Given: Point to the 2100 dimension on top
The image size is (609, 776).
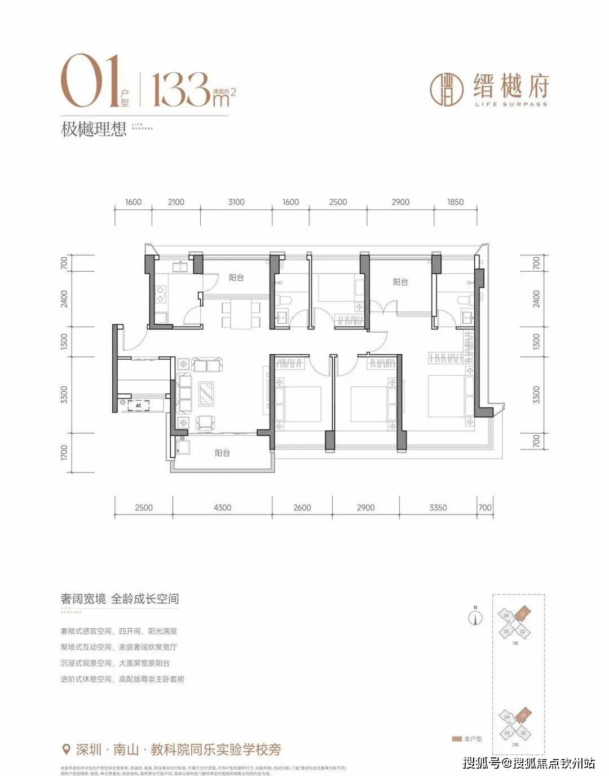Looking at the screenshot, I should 176,202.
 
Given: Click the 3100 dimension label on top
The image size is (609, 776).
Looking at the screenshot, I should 236,202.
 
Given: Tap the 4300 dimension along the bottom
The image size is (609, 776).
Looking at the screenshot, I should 222,508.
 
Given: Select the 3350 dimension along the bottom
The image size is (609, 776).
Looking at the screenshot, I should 438,508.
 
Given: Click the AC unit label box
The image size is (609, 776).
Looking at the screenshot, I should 137,404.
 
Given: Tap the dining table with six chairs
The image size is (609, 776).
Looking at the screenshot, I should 241,315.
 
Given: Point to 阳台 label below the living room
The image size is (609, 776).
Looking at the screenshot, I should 222,453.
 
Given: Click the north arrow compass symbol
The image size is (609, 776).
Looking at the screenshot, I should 476,616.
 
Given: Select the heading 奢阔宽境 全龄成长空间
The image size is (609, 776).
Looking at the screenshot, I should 120,599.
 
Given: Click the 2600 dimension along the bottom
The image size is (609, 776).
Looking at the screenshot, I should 302,508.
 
